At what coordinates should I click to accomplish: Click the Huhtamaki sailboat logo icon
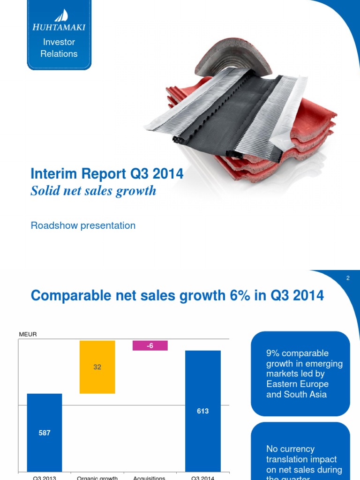(x=61, y=15)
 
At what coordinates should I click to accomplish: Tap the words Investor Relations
(x=59, y=48)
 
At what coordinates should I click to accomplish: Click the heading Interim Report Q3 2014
(x=107, y=174)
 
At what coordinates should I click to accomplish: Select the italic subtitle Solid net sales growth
(x=93, y=191)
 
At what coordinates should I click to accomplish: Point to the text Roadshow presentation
(x=83, y=225)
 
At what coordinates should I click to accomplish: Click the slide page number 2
(x=348, y=278)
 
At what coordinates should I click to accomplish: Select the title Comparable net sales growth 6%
(x=177, y=296)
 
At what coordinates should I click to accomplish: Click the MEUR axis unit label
(x=28, y=334)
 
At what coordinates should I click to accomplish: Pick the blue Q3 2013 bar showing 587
(x=45, y=432)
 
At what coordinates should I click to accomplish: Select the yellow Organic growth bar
(x=97, y=367)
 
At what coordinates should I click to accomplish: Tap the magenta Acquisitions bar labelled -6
(x=150, y=345)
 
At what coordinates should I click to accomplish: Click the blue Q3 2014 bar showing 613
(x=202, y=411)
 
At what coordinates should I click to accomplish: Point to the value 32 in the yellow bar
(x=97, y=367)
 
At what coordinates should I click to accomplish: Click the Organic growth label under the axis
(x=97, y=478)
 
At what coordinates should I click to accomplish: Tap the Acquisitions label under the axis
(x=150, y=478)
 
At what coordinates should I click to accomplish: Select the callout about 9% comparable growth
(x=300, y=374)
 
